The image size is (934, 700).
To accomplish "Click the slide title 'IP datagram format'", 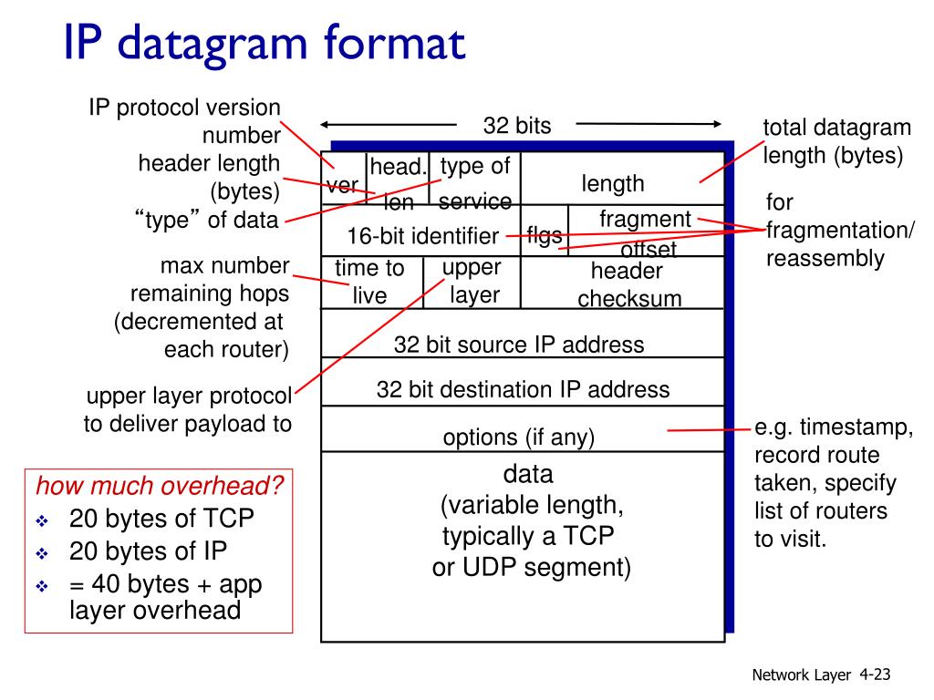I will (265, 45).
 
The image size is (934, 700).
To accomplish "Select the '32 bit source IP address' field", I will (518, 345).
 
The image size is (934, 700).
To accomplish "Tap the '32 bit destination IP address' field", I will (523, 390).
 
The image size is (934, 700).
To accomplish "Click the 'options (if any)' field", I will (518, 437).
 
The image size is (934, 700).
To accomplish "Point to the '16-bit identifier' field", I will (422, 236).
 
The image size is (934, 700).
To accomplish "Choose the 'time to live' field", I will (369, 282).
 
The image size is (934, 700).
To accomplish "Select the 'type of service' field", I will (474, 182).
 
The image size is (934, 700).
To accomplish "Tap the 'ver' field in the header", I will (343, 185).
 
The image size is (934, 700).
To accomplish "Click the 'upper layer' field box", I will (472, 281).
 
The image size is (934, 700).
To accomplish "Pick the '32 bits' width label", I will (517, 126).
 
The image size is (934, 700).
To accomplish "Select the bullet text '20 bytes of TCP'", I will (161, 518).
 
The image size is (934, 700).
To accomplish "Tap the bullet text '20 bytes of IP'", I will (148, 551).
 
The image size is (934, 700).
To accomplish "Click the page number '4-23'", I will (874, 674).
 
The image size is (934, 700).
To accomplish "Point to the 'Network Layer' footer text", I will (802, 675).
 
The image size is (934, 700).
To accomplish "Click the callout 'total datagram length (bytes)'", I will (836, 141).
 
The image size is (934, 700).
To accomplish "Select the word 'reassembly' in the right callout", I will (825, 258).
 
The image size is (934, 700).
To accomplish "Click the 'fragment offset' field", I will (646, 232).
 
